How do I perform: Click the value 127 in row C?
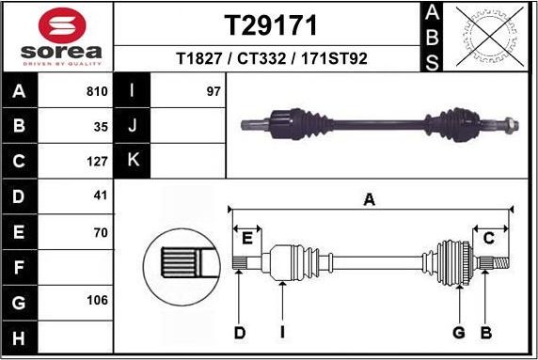tap(97, 161)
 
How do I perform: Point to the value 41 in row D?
tap(101, 196)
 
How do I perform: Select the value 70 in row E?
tap(101, 231)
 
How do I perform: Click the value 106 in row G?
tap(97, 302)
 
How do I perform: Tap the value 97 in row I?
tap(213, 92)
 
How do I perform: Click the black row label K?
tap(133, 161)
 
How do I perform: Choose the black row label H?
tap(20, 337)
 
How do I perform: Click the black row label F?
tap(20, 267)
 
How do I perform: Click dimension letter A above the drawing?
tap(370, 198)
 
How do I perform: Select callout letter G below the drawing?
tap(459, 332)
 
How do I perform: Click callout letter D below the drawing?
tap(240, 332)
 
